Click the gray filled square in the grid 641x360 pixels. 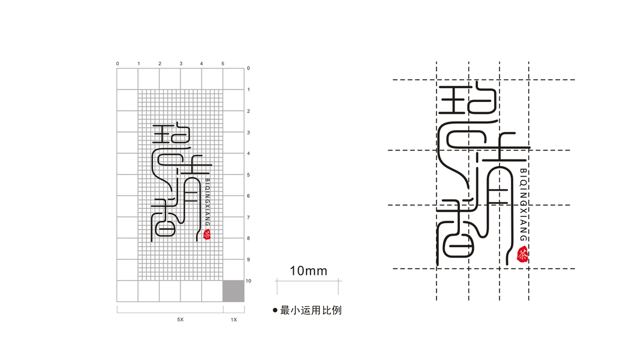[x=233, y=291]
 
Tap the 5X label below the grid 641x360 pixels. [x=180, y=320]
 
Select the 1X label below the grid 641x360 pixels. [x=234, y=320]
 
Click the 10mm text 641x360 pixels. [x=308, y=271]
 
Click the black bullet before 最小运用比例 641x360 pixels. [x=275, y=310]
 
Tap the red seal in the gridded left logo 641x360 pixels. [x=207, y=235]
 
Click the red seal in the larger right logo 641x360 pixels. [x=523, y=255]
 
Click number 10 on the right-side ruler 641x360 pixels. [x=249, y=281]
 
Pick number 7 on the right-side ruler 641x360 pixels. [x=248, y=217]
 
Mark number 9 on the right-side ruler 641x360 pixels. [x=248, y=260]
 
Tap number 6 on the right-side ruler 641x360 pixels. [x=248, y=196]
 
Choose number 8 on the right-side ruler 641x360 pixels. [x=248, y=239]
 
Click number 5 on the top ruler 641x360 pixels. [x=222, y=64]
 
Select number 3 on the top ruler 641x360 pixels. [x=180, y=64]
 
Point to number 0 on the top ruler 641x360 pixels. [x=118, y=64]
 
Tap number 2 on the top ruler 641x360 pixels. [x=160, y=64]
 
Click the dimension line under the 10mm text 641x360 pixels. [x=308, y=280]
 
